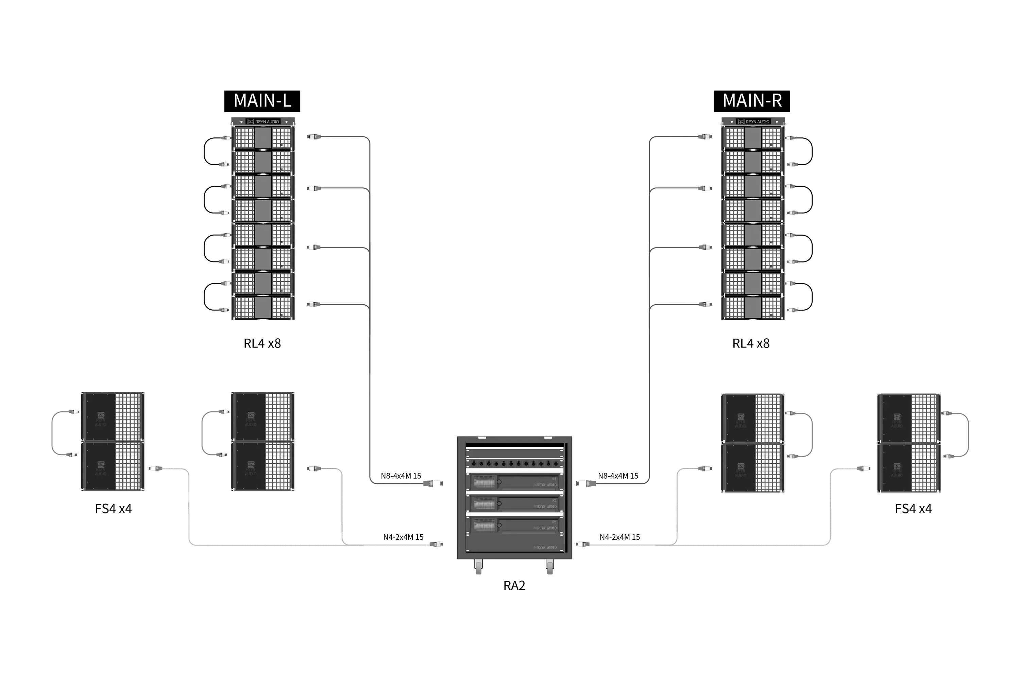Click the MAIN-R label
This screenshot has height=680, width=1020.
click(752, 101)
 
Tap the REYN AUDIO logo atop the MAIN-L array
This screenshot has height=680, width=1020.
click(263, 122)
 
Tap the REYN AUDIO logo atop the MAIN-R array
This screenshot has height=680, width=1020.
click(754, 122)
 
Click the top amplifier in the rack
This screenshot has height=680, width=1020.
click(514, 482)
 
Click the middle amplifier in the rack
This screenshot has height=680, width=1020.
click(514, 504)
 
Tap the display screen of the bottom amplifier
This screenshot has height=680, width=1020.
click(483, 526)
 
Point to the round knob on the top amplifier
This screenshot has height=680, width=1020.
click(499, 482)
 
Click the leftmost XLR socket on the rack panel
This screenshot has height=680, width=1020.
click(474, 464)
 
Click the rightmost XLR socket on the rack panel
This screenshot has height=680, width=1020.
click(556, 464)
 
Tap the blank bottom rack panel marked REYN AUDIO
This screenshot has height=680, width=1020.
click(514, 545)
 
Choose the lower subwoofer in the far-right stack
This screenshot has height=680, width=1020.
click(908, 468)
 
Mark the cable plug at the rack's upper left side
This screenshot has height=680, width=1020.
click(434, 483)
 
